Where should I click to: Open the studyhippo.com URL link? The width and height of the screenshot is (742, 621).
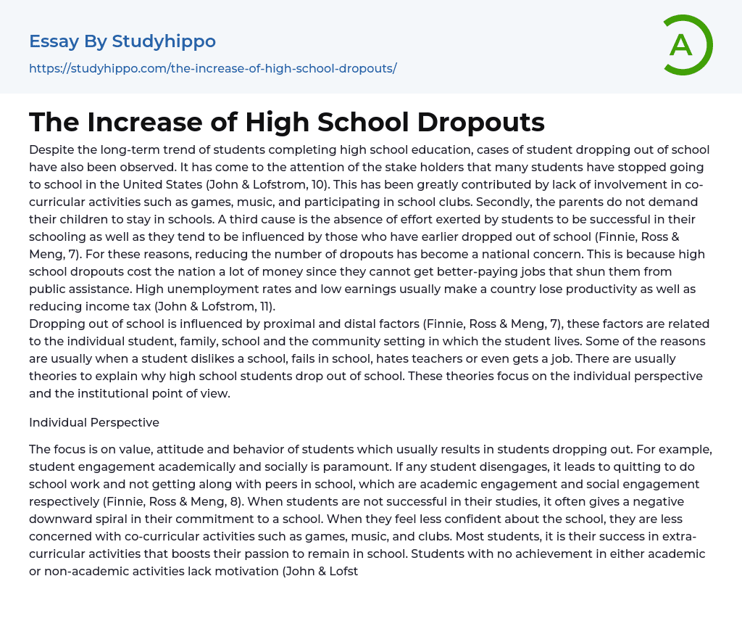(x=212, y=68)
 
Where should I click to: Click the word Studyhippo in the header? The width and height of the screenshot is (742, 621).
(x=164, y=41)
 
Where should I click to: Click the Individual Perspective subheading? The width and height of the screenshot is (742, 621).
(x=94, y=422)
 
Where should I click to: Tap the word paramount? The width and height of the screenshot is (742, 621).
(x=293, y=466)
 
